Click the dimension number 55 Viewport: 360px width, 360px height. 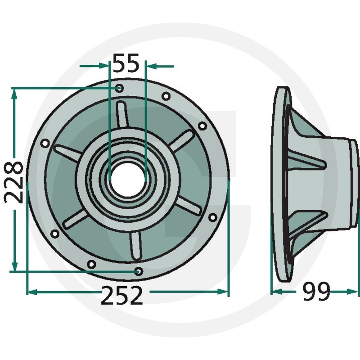126,63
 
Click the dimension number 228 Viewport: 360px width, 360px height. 14,183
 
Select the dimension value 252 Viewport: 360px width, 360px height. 121,295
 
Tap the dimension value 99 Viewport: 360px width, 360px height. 316,291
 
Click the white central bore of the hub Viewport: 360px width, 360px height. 128,179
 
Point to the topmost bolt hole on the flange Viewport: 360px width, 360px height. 119,88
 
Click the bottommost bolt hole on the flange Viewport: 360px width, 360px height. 139,272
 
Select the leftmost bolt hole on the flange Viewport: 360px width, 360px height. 45,144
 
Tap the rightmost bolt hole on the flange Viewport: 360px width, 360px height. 212,217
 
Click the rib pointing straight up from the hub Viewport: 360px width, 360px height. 122,114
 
